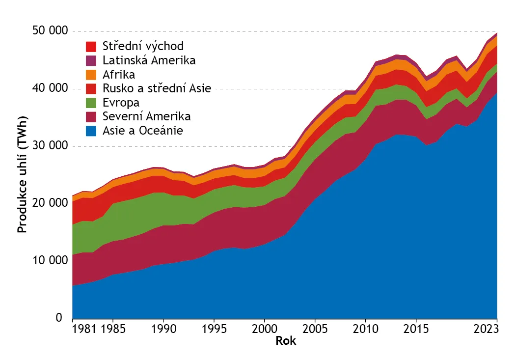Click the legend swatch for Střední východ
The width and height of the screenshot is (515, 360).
click(x=91, y=46)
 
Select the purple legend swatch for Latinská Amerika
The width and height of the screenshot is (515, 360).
click(x=91, y=60)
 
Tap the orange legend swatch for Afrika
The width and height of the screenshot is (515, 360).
click(x=91, y=75)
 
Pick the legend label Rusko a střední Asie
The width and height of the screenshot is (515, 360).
click(x=157, y=88)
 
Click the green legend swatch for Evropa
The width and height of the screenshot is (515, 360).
click(x=91, y=103)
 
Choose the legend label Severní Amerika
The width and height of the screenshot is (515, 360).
click(x=146, y=116)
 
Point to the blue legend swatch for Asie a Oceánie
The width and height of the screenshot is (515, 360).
click(x=91, y=131)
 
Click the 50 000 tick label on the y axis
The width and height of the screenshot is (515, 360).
click(x=50, y=30)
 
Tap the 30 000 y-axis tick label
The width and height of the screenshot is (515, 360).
click(x=50, y=145)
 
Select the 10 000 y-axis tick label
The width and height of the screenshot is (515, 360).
click(x=50, y=260)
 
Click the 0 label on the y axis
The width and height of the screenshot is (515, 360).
click(x=59, y=318)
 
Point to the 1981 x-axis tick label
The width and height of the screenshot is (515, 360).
click(x=84, y=329)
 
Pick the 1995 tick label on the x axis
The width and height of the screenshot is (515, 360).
click(x=214, y=329)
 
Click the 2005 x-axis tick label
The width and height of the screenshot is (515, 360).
click(x=315, y=329)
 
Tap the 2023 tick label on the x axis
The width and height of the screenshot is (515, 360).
click(x=486, y=329)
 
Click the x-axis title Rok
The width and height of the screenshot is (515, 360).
click(x=286, y=341)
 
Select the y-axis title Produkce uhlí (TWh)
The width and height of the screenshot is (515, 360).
click(x=22, y=175)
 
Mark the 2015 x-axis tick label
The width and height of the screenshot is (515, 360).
click(x=416, y=329)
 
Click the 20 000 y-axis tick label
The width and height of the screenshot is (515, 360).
click(x=50, y=203)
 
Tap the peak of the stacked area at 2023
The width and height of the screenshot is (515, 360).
click(x=497, y=33)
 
